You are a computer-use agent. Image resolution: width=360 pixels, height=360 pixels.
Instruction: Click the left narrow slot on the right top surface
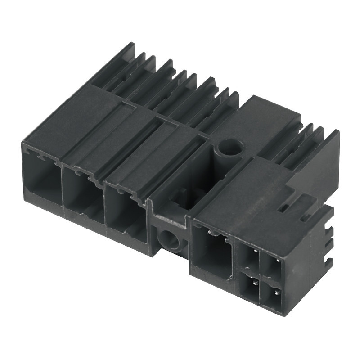(x=283, y=207)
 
